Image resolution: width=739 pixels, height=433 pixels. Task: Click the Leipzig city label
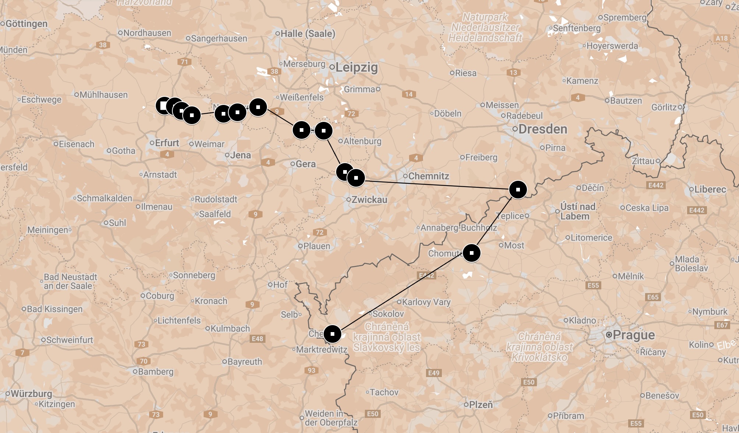pyautogui.click(x=356, y=67)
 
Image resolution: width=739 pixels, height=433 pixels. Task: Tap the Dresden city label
pyautogui.click(x=542, y=129)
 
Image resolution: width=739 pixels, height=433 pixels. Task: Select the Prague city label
pyautogui.click(x=634, y=335)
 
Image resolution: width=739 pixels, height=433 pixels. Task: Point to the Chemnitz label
pyautogui.click(x=428, y=176)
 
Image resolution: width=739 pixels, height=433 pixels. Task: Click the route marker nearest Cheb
pyautogui.click(x=332, y=334)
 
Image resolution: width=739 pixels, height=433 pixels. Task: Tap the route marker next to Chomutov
pyautogui.click(x=471, y=253)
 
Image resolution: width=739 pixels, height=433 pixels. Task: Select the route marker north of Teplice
pyautogui.click(x=518, y=190)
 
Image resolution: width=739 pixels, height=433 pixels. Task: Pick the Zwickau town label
pyautogui.click(x=369, y=200)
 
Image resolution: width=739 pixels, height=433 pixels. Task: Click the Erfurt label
pyautogui.click(x=166, y=143)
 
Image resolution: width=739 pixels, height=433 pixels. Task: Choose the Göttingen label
pyautogui.click(x=26, y=24)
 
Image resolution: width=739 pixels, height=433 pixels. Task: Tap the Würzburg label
pyautogui.click(x=31, y=393)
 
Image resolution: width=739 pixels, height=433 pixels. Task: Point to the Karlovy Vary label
pyautogui.click(x=426, y=302)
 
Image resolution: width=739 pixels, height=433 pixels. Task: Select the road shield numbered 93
pyautogui.click(x=312, y=370)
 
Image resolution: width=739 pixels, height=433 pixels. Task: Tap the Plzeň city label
pyautogui.click(x=480, y=405)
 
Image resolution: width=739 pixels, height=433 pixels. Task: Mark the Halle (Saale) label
pyautogui.click(x=307, y=34)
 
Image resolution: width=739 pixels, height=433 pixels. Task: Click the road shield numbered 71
pyautogui.click(x=184, y=61)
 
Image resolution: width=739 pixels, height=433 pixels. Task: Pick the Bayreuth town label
pyautogui.click(x=244, y=362)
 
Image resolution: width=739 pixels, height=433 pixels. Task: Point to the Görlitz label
pyautogui.click(x=664, y=107)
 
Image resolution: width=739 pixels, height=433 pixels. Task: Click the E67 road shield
pyautogui.click(x=722, y=325)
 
